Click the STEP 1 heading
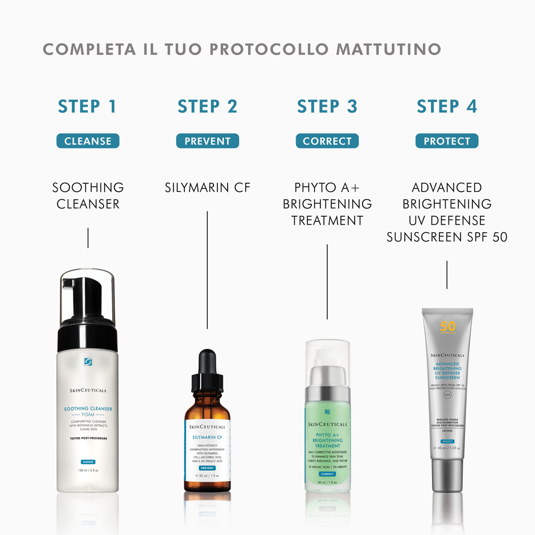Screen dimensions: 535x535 (x=87, y=106)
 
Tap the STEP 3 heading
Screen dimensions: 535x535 (x=327, y=106)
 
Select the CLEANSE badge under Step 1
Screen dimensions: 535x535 (x=88, y=141)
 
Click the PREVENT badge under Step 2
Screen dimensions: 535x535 (x=208, y=141)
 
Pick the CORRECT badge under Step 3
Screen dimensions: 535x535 (x=327, y=141)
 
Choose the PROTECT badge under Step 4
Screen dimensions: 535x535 (x=447, y=141)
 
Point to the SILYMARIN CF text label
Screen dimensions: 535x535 (x=208, y=187)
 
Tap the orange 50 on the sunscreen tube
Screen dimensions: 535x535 (x=448, y=327)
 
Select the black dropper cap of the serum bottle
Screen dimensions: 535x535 (x=207, y=370)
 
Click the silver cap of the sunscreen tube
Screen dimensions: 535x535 (x=447, y=475)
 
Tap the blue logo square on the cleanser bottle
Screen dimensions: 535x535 (x=88, y=361)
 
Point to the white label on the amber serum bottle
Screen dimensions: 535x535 (x=207, y=447)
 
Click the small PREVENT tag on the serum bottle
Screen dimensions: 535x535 (x=207, y=468)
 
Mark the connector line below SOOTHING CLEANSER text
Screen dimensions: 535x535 (x=88, y=238)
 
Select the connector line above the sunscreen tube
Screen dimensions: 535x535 (x=447, y=274)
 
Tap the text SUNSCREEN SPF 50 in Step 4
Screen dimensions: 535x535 (x=447, y=237)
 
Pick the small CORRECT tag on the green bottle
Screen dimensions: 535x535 (x=327, y=474)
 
